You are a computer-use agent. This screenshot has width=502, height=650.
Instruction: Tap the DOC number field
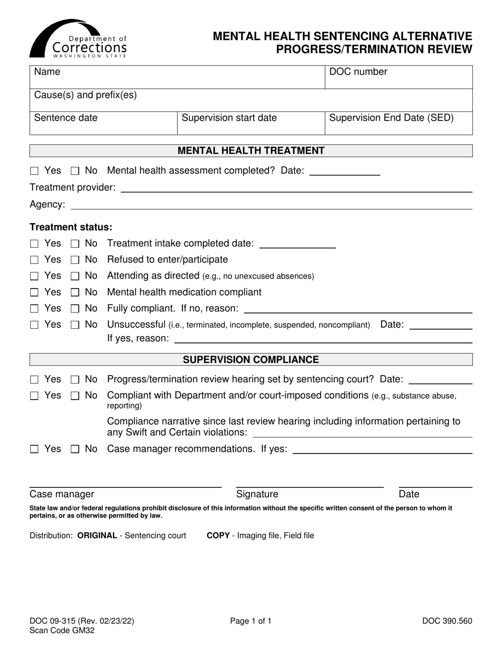[398, 77]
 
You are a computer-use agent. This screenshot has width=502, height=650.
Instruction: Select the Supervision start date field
[250, 123]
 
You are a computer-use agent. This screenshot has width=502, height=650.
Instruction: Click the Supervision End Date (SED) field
[398, 123]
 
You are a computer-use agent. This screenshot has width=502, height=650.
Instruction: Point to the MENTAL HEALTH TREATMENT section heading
[251, 151]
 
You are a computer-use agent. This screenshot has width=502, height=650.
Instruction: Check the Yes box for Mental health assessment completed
[34, 171]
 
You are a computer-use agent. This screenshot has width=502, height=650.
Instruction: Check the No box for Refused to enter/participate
[75, 260]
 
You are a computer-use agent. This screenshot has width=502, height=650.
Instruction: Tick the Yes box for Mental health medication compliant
[34, 293]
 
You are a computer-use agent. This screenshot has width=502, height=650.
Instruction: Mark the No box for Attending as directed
[75, 276]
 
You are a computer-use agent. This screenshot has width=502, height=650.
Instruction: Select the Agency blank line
[271, 206]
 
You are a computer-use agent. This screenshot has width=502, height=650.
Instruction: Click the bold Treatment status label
[71, 227]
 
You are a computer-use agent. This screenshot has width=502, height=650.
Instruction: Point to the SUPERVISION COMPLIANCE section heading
[251, 360]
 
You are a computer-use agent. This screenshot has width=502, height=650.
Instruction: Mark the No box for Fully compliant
[75, 309]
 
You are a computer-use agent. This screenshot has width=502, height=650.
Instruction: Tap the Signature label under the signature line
[257, 494]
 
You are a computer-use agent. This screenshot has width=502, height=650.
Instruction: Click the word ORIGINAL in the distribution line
[97, 535]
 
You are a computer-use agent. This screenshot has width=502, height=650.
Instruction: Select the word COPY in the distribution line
[218, 535]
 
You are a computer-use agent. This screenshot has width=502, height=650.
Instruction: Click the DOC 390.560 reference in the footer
[447, 621]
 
